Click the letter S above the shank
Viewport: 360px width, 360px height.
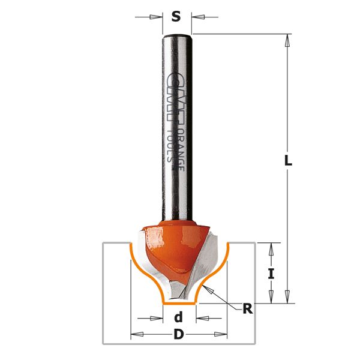(x=176, y=16)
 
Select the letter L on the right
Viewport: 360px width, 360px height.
(x=288, y=161)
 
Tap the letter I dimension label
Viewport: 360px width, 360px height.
(x=271, y=274)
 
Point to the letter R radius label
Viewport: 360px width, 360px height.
(x=247, y=310)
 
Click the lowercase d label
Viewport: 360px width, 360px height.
(x=178, y=317)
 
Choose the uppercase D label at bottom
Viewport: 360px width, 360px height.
(x=178, y=335)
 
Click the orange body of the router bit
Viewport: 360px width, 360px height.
(x=174, y=243)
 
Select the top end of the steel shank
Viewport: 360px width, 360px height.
(x=178, y=37)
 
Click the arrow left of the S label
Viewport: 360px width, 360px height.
(x=157, y=17)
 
